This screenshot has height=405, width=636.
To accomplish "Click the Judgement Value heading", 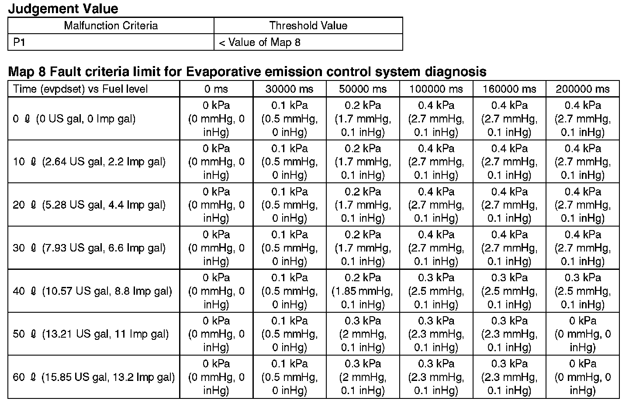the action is pyautogui.click(x=63, y=8).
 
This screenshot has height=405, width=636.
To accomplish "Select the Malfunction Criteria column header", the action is pyautogui.click(x=111, y=25).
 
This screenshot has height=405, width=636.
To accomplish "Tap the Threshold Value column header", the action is pyautogui.click(x=308, y=25).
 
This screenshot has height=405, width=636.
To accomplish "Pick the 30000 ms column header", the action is pyautogui.click(x=289, y=89).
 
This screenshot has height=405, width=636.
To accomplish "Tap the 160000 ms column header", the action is pyautogui.click(x=509, y=89).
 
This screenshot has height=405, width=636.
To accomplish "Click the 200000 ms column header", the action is pyautogui.click(x=583, y=89).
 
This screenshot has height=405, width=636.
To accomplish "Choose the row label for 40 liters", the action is pyautogui.click(x=93, y=291).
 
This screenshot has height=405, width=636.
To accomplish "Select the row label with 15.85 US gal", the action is pyautogui.click(x=93, y=377).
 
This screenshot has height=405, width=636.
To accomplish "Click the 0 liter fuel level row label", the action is pyautogui.click(x=74, y=119).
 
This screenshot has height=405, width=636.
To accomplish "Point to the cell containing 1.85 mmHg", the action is pyautogui.click(x=363, y=291).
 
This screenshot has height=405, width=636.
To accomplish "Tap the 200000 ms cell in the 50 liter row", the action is pyautogui.click(x=583, y=334).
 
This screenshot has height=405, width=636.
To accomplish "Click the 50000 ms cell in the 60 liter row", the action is pyautogui.click(x=363, y=377).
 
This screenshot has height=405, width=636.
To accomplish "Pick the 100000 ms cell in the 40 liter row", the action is pyautogui.click(x=436, y=291).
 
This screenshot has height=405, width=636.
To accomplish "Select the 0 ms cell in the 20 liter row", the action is pyautogui.click(x=216, y=205).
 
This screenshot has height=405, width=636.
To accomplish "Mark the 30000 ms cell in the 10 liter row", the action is pyautogui.click(x=289, y=162).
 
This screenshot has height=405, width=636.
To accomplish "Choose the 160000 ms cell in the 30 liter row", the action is pyautogui.click(x=509, y=248).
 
